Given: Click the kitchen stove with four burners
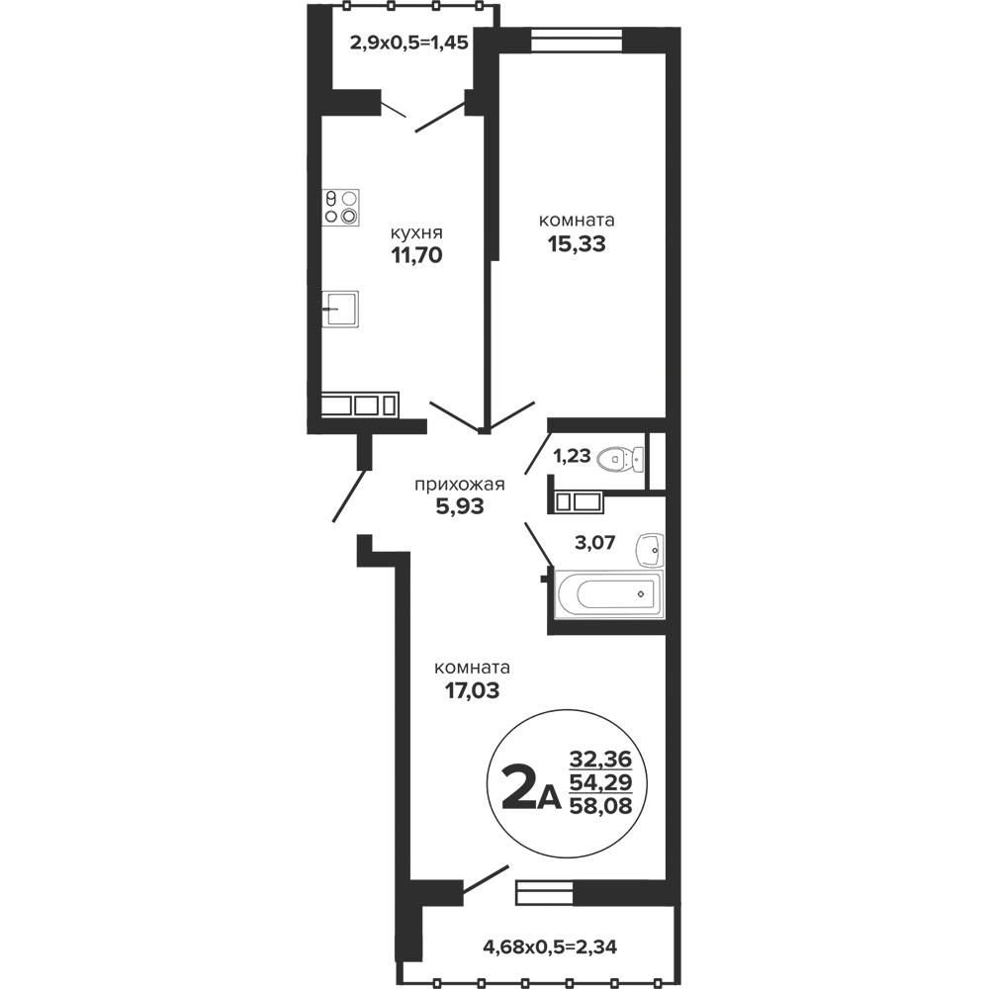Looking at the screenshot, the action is click(x=341, y=207).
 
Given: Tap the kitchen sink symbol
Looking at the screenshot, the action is click(x=340, y=309).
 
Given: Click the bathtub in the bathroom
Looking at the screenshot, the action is click(x=609, y=593).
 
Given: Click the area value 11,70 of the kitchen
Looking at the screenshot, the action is click(x=416, y=255).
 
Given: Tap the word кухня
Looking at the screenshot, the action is click(x=416, y=232).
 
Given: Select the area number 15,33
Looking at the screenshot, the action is click(x=577, y=243).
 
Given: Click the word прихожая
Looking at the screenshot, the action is click(x=459, y=485).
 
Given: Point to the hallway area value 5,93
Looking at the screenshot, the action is click(x=460, y=505).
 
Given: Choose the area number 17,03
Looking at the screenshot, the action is click(x=473, y=691).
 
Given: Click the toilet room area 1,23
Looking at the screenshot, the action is click(x=572, y=455).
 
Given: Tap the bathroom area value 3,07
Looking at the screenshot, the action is click(x=594, y=542).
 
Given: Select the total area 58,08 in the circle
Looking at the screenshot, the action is click(x=600, y=805).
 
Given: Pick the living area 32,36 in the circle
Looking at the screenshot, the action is click(x=600, y=759).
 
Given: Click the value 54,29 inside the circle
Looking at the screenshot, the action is click(x=600, y=782).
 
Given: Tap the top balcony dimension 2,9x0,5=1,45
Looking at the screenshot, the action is click(x=408, y=43).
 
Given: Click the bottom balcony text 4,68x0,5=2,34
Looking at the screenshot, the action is click(x=549, y=946).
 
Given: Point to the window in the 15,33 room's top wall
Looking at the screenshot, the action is click(x=577, y=40).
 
